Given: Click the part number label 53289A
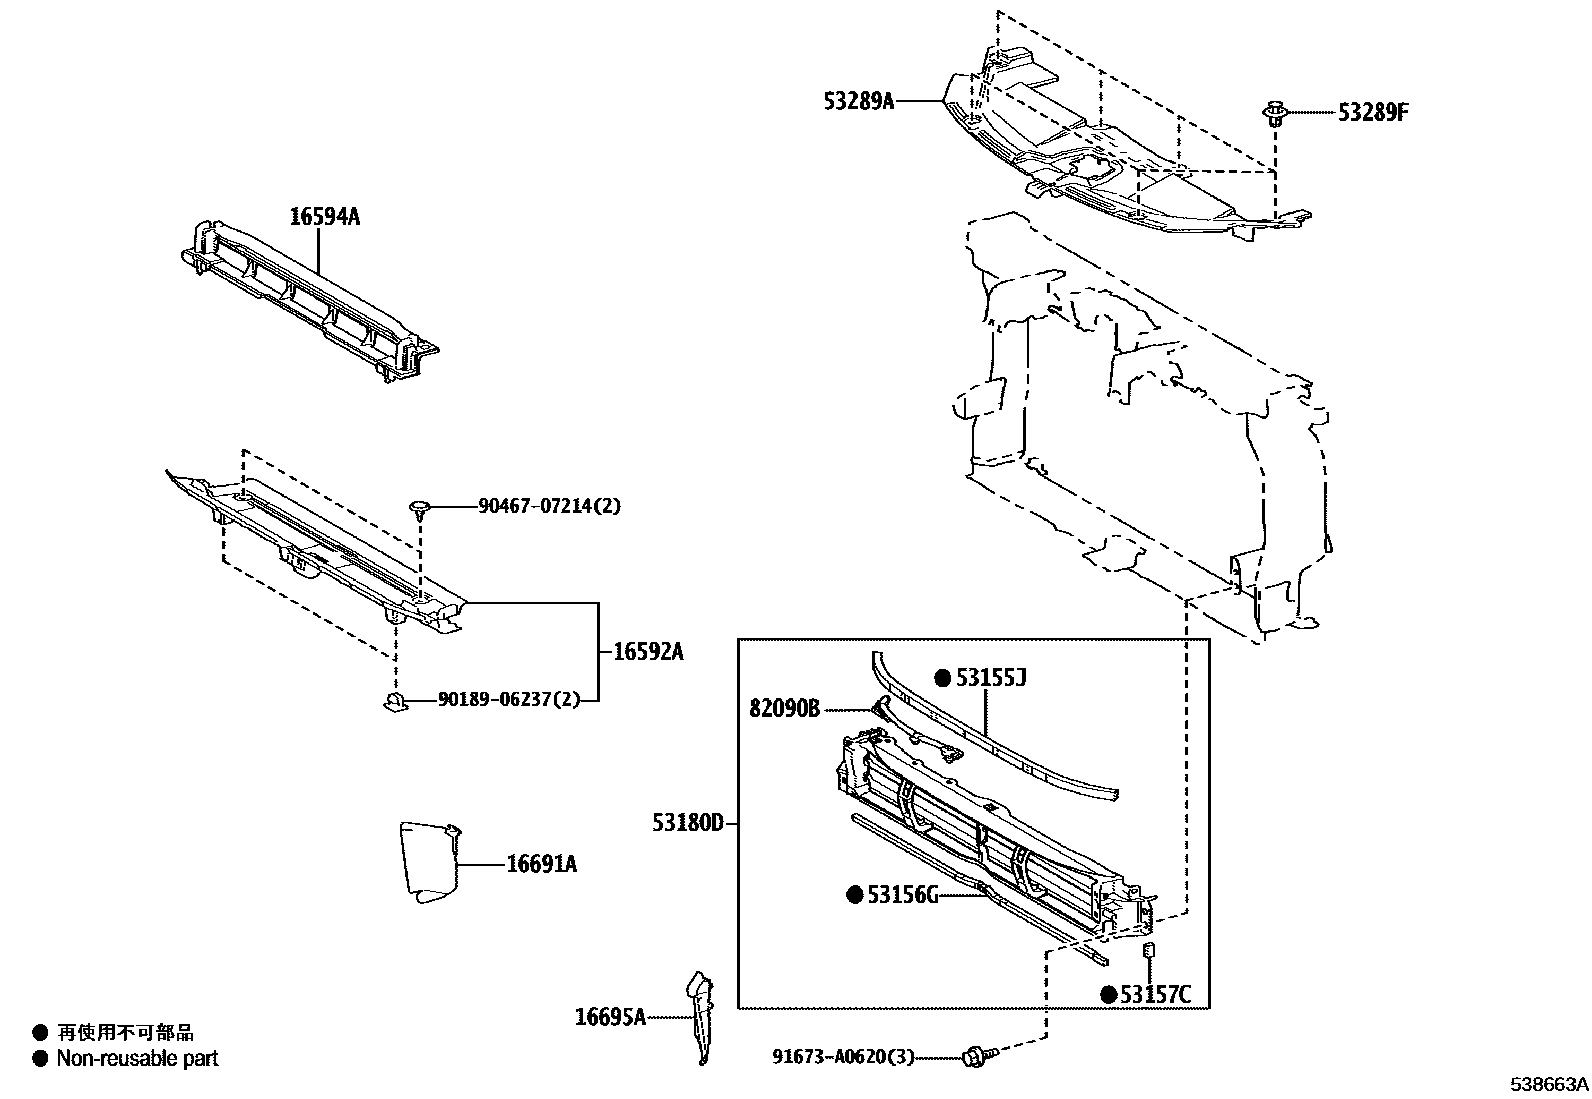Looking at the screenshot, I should (858, 101).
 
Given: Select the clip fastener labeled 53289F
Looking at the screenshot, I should (1275, 112).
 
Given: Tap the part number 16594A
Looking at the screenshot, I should (324, 216).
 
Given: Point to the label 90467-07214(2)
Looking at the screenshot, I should (549, 506).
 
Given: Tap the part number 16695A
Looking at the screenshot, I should (609, 1017).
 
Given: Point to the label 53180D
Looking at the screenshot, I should (688, 823).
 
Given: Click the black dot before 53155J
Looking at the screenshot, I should (942, 678).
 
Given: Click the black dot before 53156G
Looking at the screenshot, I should (854, 895).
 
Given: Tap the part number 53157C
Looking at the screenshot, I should (1155, 994).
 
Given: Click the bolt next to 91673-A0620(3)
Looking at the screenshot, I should (975, 1056).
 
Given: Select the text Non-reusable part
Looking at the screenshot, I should (137, 1058).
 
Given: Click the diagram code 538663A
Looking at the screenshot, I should (1549, 1084).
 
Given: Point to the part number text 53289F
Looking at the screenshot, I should (1373, 112).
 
